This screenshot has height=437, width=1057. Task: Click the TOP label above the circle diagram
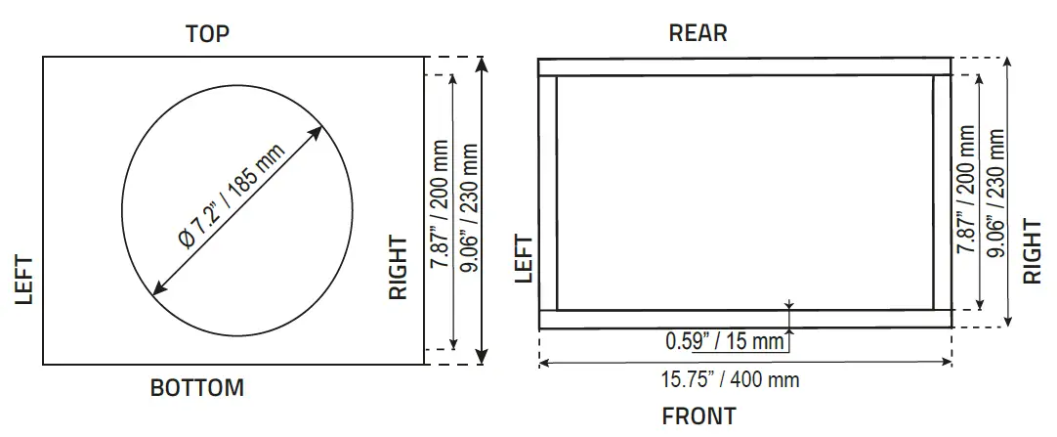click(x=207, y=35)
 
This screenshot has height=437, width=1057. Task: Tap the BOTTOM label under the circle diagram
click(x=196, y=388)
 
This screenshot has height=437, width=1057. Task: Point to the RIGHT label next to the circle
click(x=398, y=267)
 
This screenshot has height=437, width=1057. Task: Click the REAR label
click(x=698, y=33)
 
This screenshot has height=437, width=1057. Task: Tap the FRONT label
click(x=699, y=416)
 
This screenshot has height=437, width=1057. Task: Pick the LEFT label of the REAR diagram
click(x=525, y=259)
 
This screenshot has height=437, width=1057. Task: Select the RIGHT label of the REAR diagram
click(x=1033, y=250)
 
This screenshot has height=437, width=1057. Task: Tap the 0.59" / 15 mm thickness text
click(x=725, y=341)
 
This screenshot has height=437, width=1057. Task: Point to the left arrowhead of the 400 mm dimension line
click(x=544, y=363)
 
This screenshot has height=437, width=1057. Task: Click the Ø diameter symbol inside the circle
click(x=187, y=240)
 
